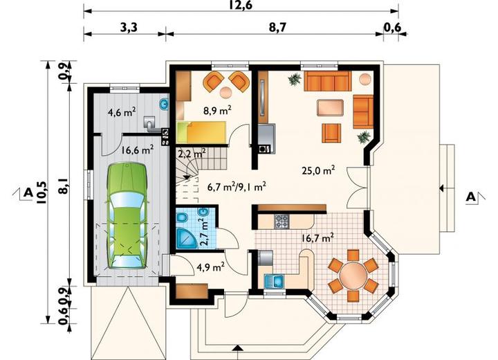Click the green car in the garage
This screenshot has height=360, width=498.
tap(128, 215)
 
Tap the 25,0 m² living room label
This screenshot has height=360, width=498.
tap(318, 171)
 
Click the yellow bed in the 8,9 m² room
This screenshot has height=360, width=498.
tap(201, 132)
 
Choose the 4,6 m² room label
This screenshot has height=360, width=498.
tap(122, 112)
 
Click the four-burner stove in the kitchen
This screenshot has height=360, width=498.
tap(282, 222)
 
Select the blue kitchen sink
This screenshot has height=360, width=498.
tap(274, 281)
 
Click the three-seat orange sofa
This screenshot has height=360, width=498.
tap(327, 81)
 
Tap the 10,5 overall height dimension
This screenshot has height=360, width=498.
tap(41, 192)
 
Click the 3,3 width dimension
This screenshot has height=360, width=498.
tap(129, 28)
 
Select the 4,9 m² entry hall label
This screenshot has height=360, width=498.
tap(211, 267)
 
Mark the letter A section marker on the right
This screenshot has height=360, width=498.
tap(471, 197)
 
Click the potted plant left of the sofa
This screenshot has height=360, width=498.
tap(295, 79)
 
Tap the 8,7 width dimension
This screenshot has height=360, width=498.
tap(277, 28)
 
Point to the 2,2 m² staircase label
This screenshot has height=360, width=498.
tap(192, 154)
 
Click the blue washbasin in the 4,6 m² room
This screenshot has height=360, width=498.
tap(164, 104)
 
